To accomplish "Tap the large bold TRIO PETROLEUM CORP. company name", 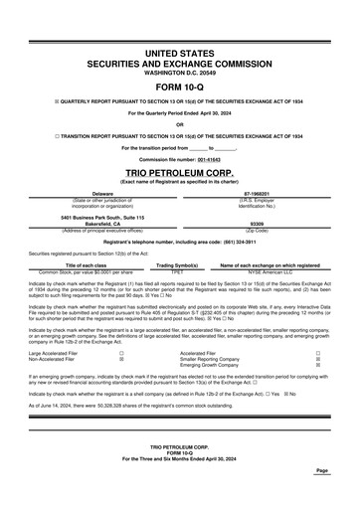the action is pos(180,171).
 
